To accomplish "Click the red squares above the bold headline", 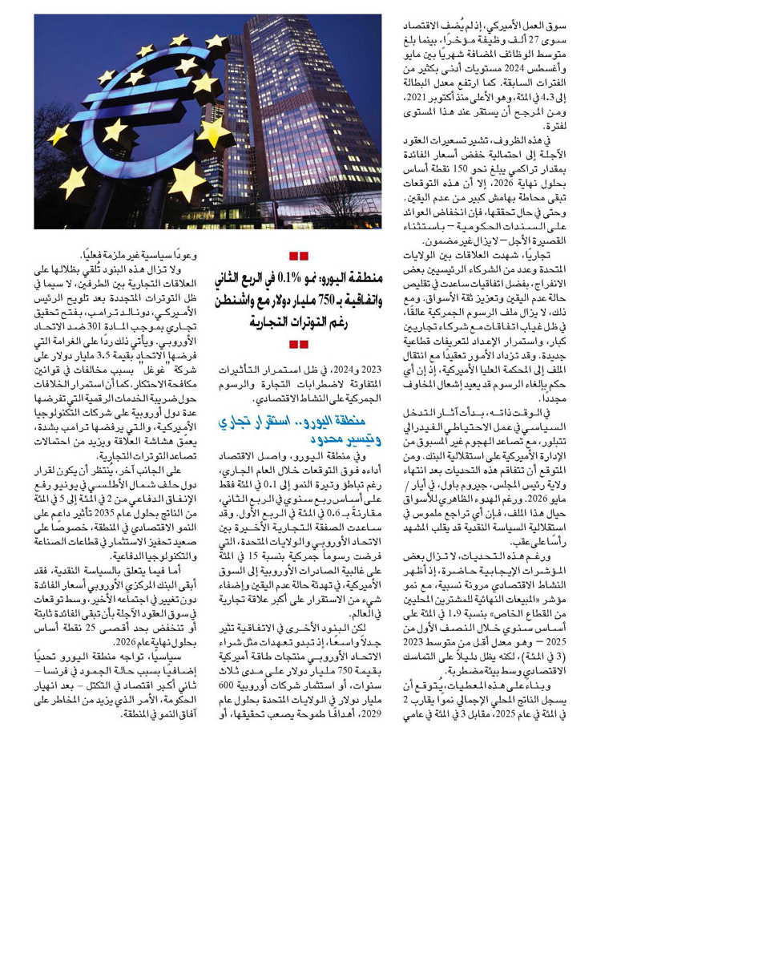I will [x=299, y=256].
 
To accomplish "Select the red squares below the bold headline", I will [x=299, y=345].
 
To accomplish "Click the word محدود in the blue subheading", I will [x=328, y=439].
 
